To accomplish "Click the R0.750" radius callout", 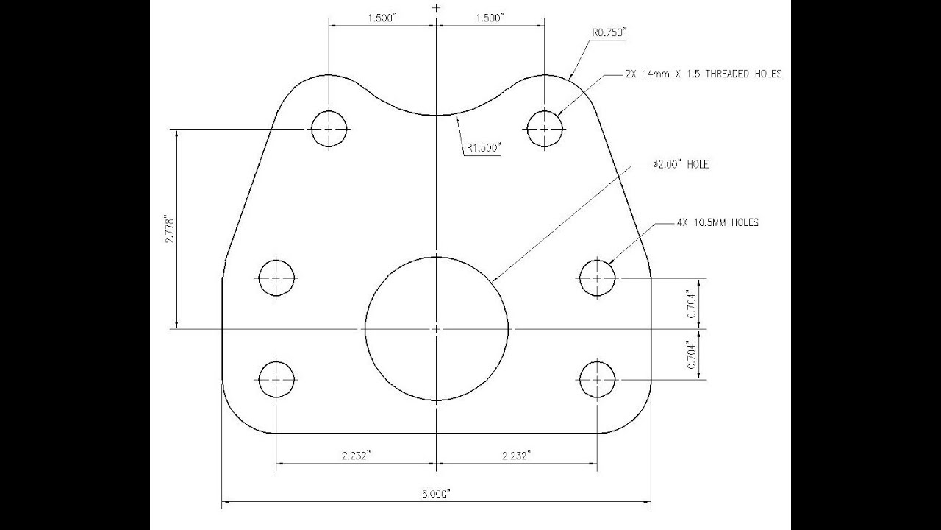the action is point(609,33).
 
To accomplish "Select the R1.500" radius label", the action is point(484,148).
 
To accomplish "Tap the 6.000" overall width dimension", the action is point(436,494).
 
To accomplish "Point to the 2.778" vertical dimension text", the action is point(170,230).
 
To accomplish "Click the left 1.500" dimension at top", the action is point(382,18).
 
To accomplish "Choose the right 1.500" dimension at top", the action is point(490,18).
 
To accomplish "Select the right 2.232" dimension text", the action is point(516,456).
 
